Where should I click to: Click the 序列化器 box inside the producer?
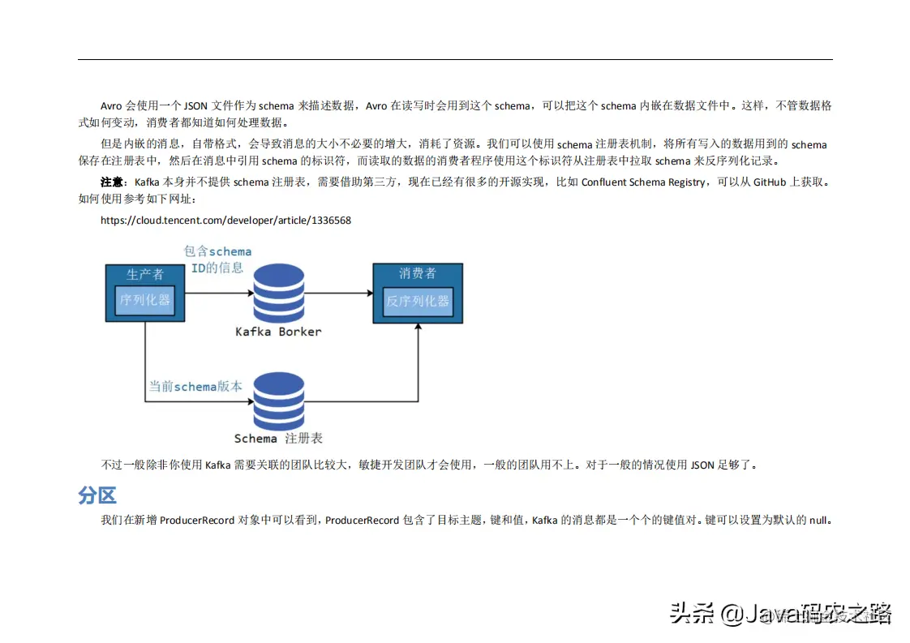click(x=145, y=300)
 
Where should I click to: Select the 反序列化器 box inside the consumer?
click(x=418, y=302)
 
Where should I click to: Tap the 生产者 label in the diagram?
click(x=145, y=274)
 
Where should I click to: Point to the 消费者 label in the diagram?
click(x=418, y=274)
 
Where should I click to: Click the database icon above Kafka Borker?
click(x=278, y=293)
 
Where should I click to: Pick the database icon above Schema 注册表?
click(x=278, y=401)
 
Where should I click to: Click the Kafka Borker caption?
click(x=278, y=332)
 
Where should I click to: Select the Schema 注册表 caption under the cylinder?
click(x=278, y=439)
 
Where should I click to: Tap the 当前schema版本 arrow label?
click(x=195, y=387)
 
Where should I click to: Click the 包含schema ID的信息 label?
click(x=217, y=259)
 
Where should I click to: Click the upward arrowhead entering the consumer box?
click(x=419, y=328)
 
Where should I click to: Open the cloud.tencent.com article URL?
click(x=225, y=220)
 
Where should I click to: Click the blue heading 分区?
click(x=97, y=495)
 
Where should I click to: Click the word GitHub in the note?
click(x=770, y=182)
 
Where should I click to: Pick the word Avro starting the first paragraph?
click(x=111, y=106)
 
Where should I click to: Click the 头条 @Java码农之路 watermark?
click(x=780, y=613)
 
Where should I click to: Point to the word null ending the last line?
click(x=818, y=521)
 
